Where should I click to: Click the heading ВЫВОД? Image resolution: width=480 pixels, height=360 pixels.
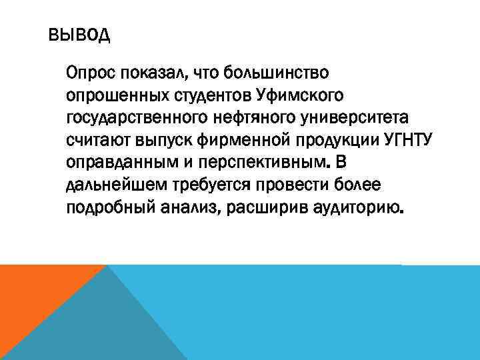tap(79, 35)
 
